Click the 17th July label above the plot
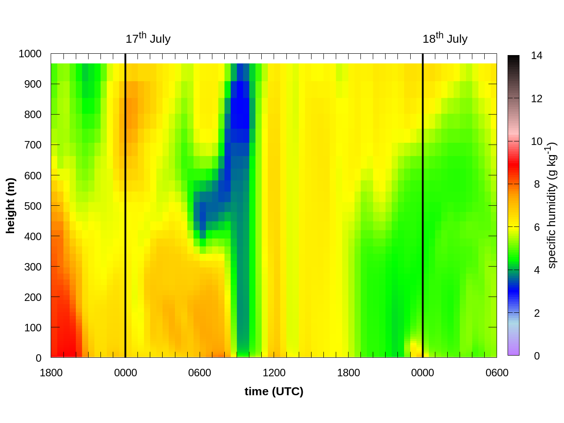(148, 39)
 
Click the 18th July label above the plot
(445, 39)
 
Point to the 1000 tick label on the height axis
(30, 54)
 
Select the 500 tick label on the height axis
(33, 206)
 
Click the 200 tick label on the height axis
(33, 297)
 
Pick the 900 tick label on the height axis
(33, 84)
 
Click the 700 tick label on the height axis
(33, 145)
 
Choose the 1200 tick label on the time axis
(274, 373)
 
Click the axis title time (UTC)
(274, 391)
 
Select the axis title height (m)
(11, 205)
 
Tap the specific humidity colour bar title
(552, 205)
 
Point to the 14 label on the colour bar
(537, 56)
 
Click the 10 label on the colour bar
(537, 141)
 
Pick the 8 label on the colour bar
(537, 184)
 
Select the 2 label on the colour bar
(537, 313)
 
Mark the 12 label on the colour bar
(537, 99)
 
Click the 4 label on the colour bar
(537, 270)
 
